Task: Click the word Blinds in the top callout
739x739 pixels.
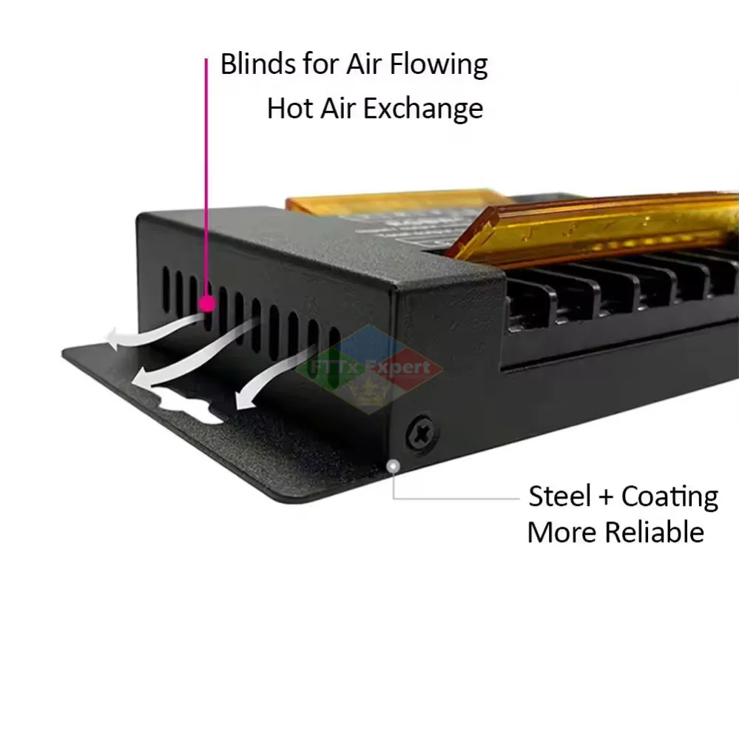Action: tap(255, 64)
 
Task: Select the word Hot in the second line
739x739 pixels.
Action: tap(289, 109)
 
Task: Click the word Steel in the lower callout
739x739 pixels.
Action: tap(559, 496)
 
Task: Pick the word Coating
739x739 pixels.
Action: tap(669, 496)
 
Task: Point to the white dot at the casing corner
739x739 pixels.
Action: tap(394, 466)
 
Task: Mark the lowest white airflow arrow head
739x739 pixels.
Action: tap(242, 400)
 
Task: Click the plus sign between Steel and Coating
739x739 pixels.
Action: tap(606, 497)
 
